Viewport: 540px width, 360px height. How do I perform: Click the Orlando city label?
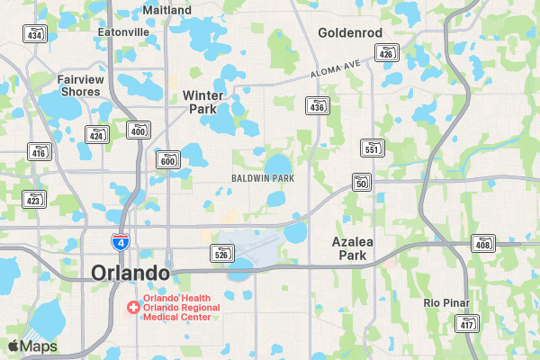click(x=130, y=273)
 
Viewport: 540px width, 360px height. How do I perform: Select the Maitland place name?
click(x=167, y=10)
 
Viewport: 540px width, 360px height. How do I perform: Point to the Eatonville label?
click(x=123, y=31)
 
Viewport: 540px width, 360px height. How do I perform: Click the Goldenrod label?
click(x=350, y=33)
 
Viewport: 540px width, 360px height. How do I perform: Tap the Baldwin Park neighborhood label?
click(x=263, y=178)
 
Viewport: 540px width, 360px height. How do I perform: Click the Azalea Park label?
click(x=353, y=248)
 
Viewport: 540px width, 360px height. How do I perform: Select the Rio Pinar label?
click(x=444, y=302)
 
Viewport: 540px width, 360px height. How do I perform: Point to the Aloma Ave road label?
click(x=337, y=69)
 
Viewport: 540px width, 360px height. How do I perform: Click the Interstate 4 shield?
click(x=119, y=241)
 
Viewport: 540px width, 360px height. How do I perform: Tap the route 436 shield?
click(x=317, y=106)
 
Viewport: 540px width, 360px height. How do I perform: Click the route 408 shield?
click(x=482, y=243)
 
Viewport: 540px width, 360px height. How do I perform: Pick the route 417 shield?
click(x=466, y=323)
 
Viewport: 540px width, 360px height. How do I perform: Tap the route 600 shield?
click(x=167, y=160)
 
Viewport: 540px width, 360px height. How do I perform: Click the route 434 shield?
click(x=35, y=34)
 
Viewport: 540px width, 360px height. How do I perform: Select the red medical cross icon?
click(x=133, y=307)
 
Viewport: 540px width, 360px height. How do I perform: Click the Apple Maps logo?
click(x=32, y=346)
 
